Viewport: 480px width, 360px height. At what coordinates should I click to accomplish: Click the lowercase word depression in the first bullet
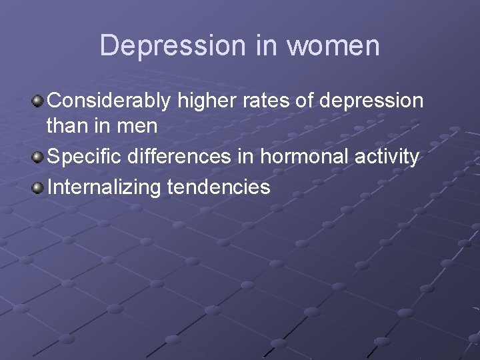371,101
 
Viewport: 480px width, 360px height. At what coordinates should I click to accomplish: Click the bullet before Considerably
38,101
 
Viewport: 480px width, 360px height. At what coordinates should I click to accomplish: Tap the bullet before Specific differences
38,157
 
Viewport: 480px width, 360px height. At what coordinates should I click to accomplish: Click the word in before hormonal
249,157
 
